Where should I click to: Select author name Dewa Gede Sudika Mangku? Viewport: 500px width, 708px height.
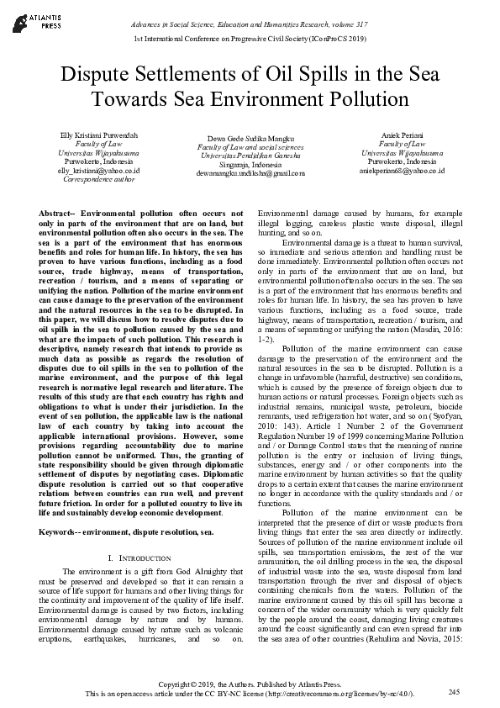click(x=250, y=138)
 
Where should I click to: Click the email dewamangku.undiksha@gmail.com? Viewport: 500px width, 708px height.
click(x=250, y=173)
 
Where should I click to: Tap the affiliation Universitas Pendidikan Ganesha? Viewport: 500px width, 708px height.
click(x=250, y=156)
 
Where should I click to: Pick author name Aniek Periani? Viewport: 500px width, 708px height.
click(x=400, y=135)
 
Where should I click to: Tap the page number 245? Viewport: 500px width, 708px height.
click(x=454, y=692)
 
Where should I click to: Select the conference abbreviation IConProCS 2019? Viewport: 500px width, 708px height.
click(x=334, y=40)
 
